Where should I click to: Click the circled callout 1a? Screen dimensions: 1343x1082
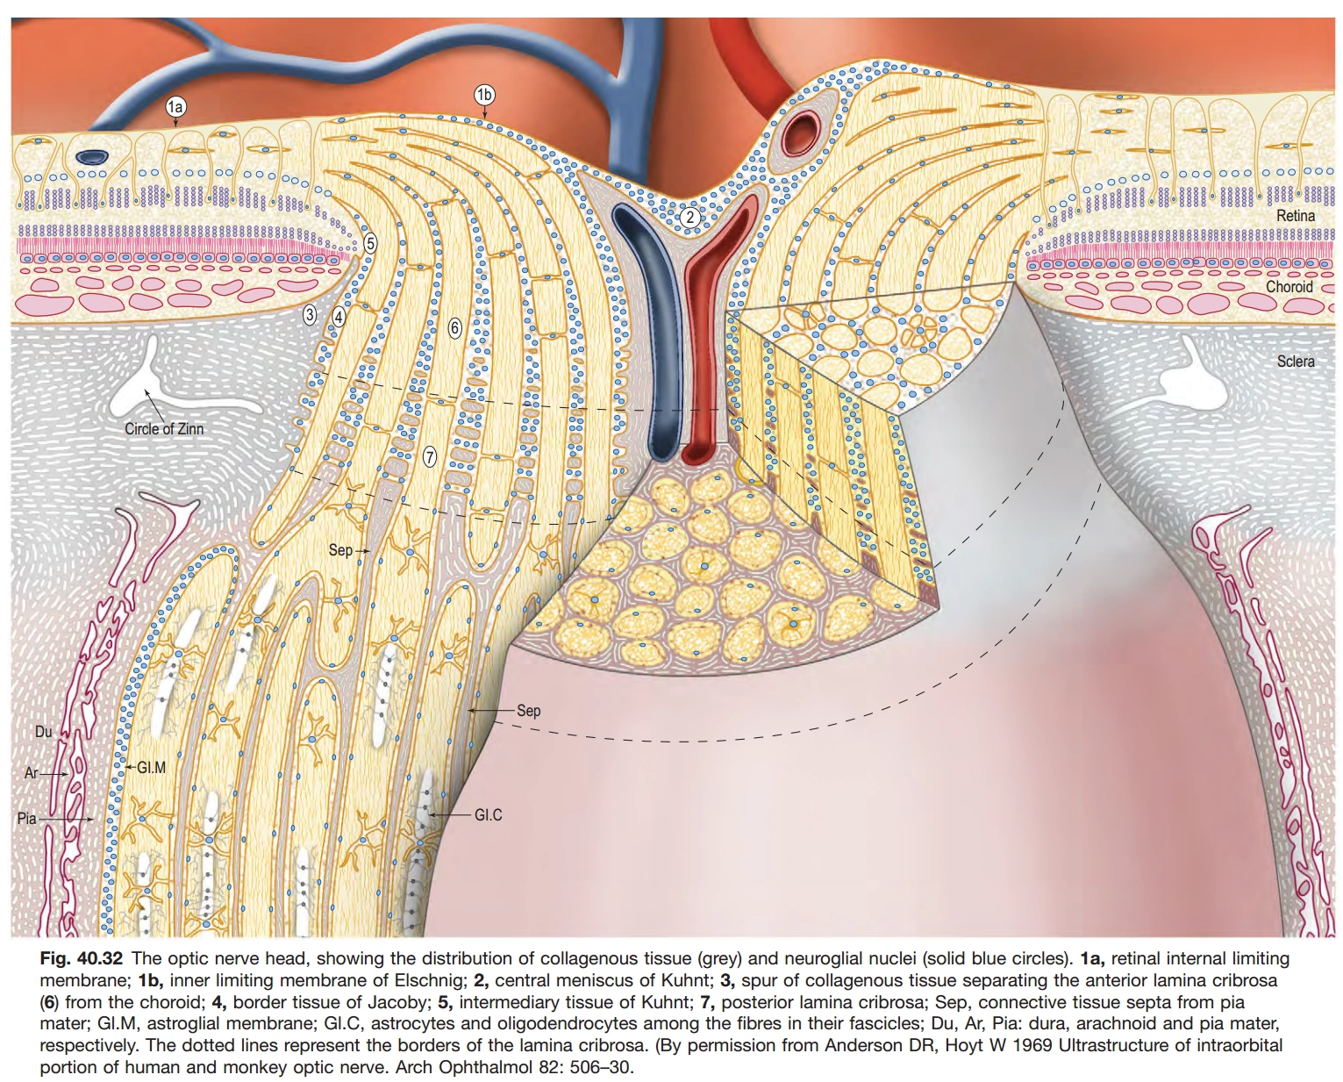[x=175, y=107]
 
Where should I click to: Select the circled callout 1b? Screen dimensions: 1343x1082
[x=484, y=95]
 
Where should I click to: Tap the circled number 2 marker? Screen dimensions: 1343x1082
[x=689, y=217]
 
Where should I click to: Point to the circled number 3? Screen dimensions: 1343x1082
[x=310, y=315]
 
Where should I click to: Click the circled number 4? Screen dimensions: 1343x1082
[x=339, y=315]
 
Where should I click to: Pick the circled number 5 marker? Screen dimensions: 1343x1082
[x=370, y=243]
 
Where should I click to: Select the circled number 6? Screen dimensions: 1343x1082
[x=454, y=328]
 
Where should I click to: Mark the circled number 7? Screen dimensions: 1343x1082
[x=429, y=456]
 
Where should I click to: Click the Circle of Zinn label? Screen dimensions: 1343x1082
[x=164, y=429]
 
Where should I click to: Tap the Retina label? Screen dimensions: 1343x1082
[x=1296, y=216]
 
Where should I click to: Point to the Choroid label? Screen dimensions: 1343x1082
[x=1289, y=287]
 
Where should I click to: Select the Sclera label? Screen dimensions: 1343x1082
[x=1296, y=362]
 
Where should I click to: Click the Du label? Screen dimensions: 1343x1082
[x=43, y=731]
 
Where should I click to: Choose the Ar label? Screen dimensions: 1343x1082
[x=32, y=773]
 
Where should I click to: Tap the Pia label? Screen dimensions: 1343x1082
[x=26, y=818]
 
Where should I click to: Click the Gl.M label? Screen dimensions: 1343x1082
[x=151, y=767]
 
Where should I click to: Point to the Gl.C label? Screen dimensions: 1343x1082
[x=489, y=815]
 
